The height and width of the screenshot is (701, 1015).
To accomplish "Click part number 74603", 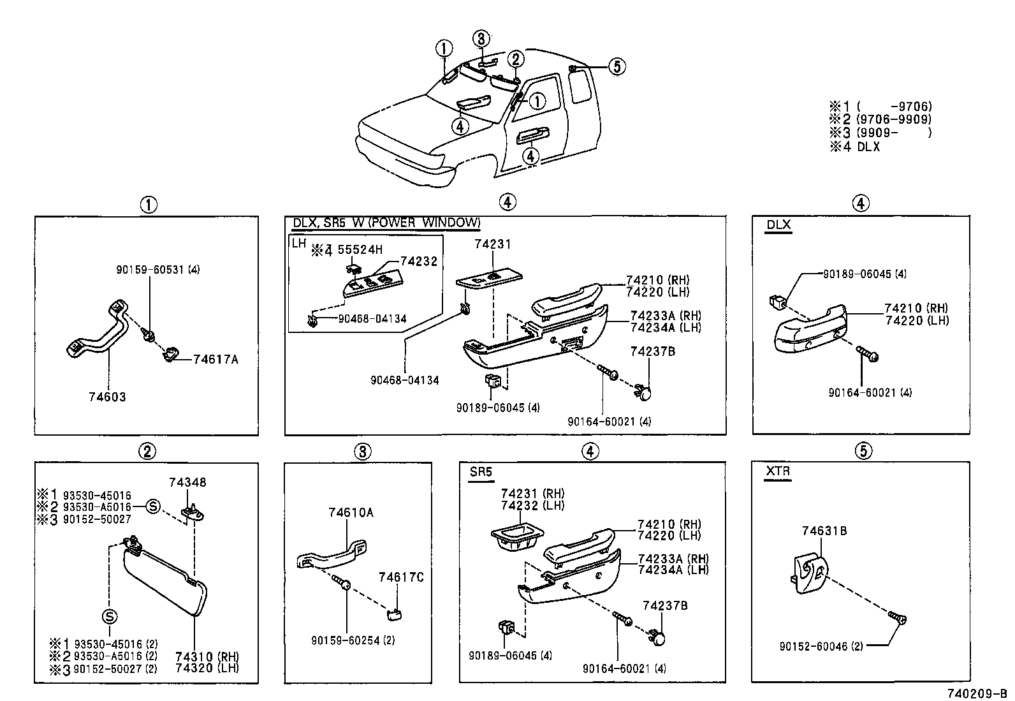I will (x=107, y=397).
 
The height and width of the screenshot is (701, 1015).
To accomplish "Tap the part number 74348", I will (x=187, y=482).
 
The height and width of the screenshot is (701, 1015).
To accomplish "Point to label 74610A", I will (x=351, y=512).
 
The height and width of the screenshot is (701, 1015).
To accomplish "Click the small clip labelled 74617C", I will (x=393, y=614).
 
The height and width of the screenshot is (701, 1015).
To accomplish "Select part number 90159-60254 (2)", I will (x=353, y=640).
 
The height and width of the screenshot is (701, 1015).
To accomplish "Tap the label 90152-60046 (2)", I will (x=821, y=646).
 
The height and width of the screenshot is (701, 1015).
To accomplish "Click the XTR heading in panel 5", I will (x=778, y=471).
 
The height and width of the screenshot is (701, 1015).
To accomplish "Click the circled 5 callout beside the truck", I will (x=617, y=66).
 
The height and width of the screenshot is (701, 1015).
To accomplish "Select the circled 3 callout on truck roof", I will (x=481, y=39).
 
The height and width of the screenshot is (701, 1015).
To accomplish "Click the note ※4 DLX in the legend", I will (x=855, y=146).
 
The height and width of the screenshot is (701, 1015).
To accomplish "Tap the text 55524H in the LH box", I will (x=360, y=250).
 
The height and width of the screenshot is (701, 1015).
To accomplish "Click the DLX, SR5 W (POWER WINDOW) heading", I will (x=386, y=223).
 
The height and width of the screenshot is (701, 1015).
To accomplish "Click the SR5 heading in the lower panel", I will (x=480, y=471).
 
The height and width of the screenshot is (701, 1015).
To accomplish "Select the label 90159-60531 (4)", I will (x=158, y=270).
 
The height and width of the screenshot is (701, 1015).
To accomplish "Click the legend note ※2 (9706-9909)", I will (x=880, y=119).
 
